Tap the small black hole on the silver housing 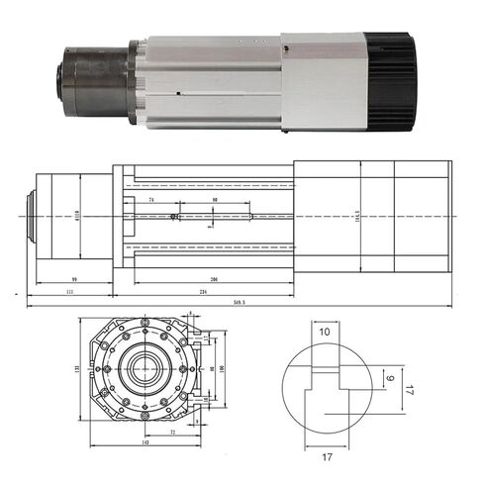coord(176,94)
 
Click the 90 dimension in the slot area coord(215,201)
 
